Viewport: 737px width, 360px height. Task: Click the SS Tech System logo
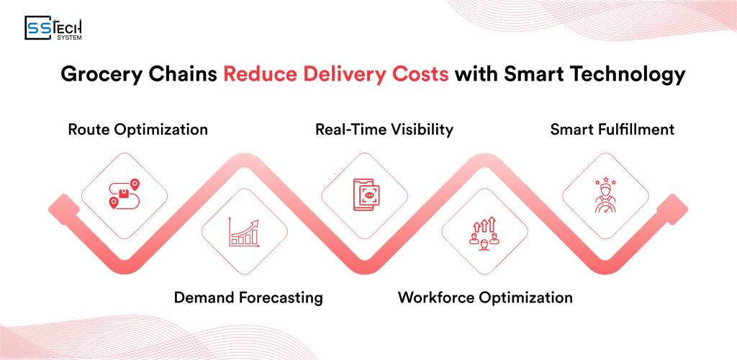click(53, 29)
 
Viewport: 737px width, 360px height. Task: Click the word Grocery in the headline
click(93, 75)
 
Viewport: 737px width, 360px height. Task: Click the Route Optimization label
click(137, 130)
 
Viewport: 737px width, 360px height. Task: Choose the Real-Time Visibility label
click(384, 130)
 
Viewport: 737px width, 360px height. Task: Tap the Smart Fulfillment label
click(612, 130)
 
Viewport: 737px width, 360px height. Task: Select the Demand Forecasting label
click(248, 297)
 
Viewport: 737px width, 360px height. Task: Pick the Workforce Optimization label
click(485, 297)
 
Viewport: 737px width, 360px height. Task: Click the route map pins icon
click(124, 195)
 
